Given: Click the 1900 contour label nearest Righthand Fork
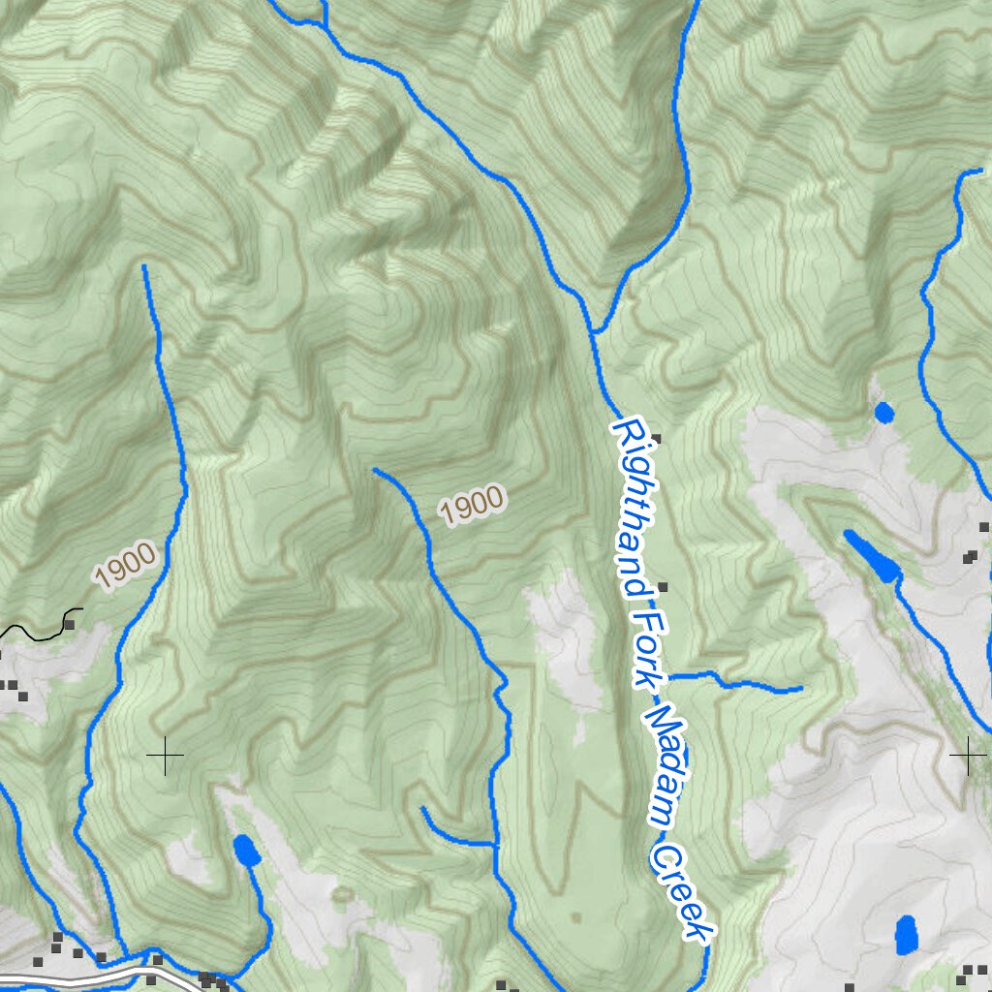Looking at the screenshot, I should [472, 506].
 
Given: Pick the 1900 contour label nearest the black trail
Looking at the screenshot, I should [126, 565].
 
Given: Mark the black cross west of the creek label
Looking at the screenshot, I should [165, 755].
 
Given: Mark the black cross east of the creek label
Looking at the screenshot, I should [967, 755].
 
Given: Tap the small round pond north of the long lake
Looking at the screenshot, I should [883, 413].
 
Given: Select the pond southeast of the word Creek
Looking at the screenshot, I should [906, 935].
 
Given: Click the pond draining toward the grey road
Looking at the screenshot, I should [246, 852].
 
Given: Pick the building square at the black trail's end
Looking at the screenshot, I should [70, 624].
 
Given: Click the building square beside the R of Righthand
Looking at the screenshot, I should [657, 439].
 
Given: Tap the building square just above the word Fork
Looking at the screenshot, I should [663, 587].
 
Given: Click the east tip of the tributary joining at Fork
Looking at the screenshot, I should [800, 689].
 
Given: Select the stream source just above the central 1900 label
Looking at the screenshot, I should [375, 471].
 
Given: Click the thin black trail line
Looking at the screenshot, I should [39, 634].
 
